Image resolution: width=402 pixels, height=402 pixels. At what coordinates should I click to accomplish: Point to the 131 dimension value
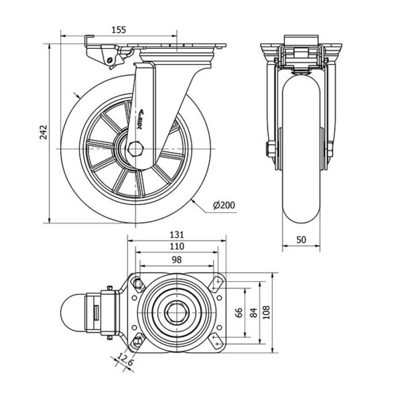click(176, 235)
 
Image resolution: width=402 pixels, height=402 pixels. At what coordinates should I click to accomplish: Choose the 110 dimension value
click(176, 246)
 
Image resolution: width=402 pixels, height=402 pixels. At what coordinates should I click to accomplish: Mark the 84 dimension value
click(253, 313)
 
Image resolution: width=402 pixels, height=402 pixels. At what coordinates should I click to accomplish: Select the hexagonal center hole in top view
click(176, 313)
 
